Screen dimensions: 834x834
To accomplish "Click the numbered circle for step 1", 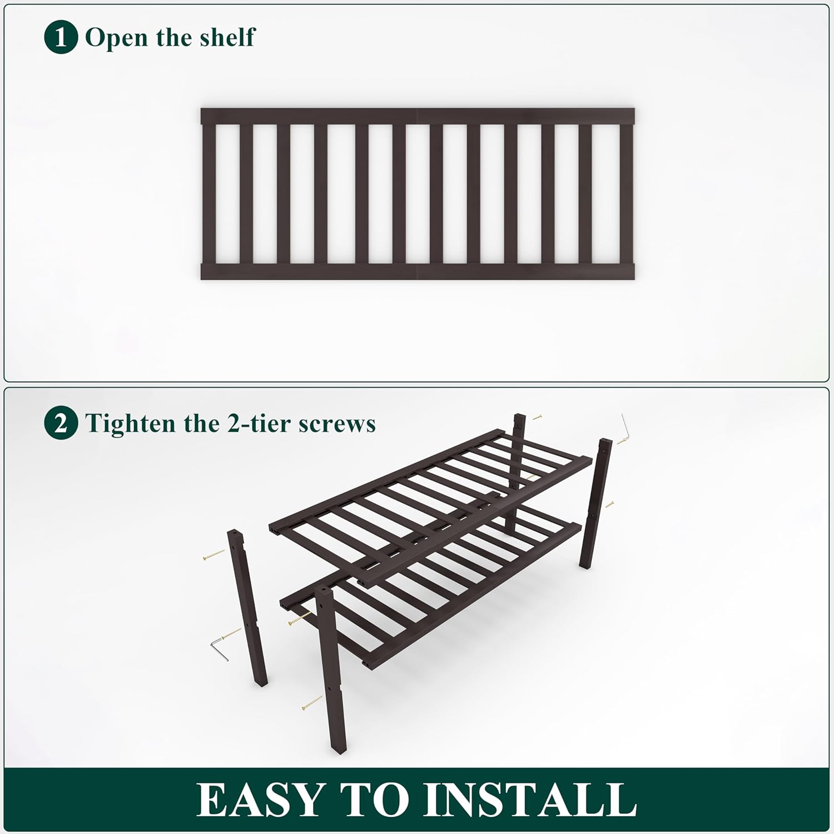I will tap(61, 37).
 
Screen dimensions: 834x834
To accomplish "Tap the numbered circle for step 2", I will tap(61, 423).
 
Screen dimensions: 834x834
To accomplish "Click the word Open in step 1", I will tap(116, 37).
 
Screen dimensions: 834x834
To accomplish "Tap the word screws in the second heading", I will tap(337, 424).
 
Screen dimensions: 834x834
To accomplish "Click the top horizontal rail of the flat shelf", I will tap(417, 116).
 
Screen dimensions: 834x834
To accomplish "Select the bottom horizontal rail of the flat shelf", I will tap(417, 271).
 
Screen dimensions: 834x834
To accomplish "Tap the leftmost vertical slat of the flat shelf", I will tap(209, 193).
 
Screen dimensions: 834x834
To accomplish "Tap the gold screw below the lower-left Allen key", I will tap(312, 703).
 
